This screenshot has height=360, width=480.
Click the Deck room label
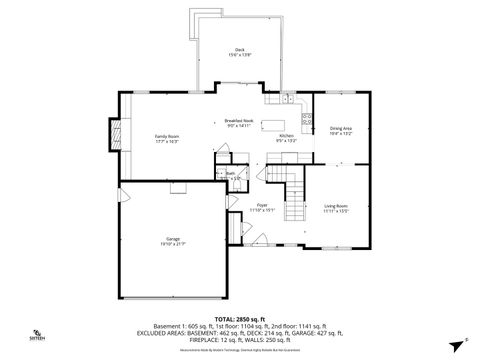point(239,49)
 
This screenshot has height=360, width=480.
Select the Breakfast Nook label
point(239,120)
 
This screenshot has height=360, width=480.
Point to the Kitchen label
point(286,135)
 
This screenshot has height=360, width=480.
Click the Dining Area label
point(341,128)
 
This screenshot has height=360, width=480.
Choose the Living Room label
point(335,206)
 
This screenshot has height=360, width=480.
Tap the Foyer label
point(261,205)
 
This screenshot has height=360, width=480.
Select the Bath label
point(231,172)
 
